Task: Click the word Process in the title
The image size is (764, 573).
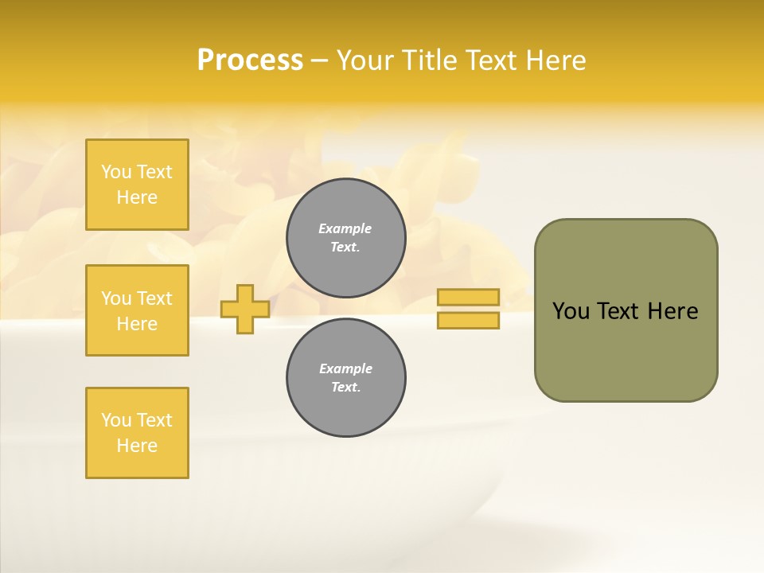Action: pyautogui.click(x=250, y=60)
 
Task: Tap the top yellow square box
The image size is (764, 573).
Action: pyautogui.click(x=137, y=185)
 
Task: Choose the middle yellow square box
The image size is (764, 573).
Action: pyautogui.click(x=137, y=310)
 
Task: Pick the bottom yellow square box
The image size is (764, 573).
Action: pyautogui.click(x=137, y=433)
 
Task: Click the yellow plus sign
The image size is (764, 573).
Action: pyautogui.click(x=244, y=309)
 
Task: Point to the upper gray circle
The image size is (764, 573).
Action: pyautogui.click(x=345, y=238)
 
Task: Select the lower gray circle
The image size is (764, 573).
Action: pyautogui.click(x=345, y=378)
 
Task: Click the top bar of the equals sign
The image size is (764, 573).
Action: pyautogui.click(x=468, y=298)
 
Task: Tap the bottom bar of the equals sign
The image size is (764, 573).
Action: pyautogui.click(x=468, y=321)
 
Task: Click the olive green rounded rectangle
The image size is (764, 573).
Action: pyautogui.click(x=626, y=350)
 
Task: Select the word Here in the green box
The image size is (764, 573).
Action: pyautogui.click(x=672, y=311)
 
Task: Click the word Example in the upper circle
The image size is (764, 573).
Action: pyautogui.click(x=345, y=228)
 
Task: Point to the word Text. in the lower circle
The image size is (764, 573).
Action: pyautogui.click(x=345, y=388)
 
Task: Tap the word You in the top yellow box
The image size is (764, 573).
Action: pyautogui.click(x=116, y=172)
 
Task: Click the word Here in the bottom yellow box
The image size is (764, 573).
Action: pyautogui.click(x=137, y=446)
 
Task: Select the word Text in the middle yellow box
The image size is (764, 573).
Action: pyautogui.click(x=154, y=298)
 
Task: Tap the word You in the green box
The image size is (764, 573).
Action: pyautogui.click(x=571, y=311)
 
